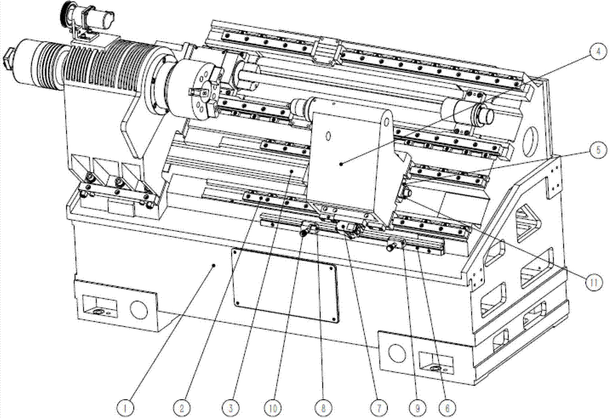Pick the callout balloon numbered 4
coord(598,52)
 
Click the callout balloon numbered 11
coord(594,282)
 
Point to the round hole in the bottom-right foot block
coord(397,353)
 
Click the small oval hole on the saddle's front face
coord(328,137)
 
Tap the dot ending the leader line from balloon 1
coord(213,265)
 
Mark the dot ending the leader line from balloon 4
coord(341,164)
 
